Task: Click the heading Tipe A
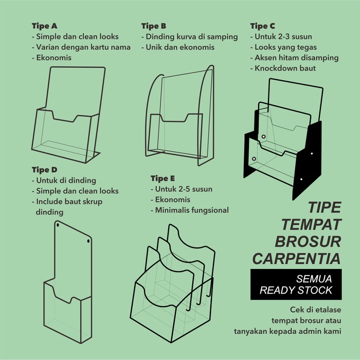point(45,26)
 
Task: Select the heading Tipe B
point(154,26)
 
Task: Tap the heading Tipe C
point(263,26)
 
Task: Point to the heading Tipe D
point(45,170)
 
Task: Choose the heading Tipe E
point(163,178)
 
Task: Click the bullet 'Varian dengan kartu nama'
point(81,47)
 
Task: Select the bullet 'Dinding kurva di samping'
point(190,37)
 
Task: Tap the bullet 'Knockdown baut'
point(283,68)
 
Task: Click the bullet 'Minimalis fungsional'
point(190,210)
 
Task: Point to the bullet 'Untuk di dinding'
point(64,181)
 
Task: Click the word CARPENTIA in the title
point(296,259)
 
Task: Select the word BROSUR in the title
point(308,242)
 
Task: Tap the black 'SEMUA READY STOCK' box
point(296,284)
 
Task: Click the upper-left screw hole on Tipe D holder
point(58,225)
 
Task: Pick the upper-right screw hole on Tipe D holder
point(88,241)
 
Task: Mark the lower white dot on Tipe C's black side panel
point(301,179)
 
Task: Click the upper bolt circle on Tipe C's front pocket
point(263,137)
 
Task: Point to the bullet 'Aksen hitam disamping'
point(295,58)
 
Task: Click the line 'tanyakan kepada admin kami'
point(287,332)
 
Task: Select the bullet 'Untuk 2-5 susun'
point(182,189)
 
